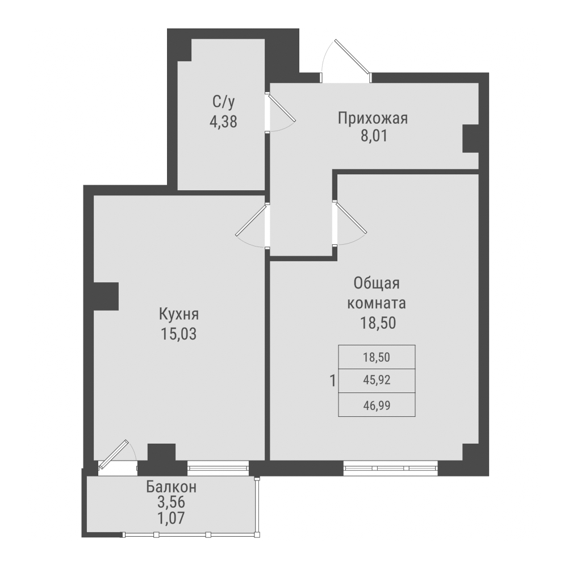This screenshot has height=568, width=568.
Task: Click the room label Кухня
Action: [178, 314]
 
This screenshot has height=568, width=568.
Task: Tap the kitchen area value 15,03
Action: [178, 333]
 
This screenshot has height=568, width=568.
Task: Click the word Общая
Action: [377, 283]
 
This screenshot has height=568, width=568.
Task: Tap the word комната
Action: [377, 302]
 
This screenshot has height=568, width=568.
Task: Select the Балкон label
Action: [172, 487]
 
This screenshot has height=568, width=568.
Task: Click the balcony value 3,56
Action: [172, 502]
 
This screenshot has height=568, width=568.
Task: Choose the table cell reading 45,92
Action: [377, 381]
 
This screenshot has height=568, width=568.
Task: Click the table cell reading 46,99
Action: [377, 404]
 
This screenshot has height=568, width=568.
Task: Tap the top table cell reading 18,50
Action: [377, 357]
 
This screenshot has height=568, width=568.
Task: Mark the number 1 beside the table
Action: [332, 380]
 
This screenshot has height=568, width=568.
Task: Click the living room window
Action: [391, 467]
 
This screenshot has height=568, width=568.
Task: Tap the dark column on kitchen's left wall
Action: [106, 296]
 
